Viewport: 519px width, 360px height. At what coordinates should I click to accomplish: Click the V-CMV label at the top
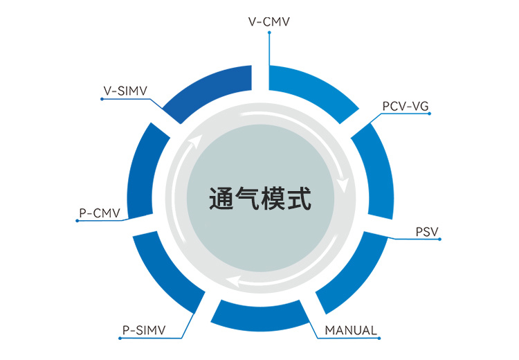point(268,21)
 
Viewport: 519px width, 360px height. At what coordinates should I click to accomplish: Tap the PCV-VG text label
point(406,106)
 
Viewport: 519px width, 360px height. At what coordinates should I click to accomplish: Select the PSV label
point(427,231)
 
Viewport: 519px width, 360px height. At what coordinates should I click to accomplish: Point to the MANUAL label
point(352,330)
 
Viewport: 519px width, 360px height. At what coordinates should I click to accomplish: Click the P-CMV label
point(100,213)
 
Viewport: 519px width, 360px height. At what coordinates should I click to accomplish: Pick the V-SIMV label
point(125,90)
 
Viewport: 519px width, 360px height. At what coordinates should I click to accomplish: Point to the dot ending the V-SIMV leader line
point(102,99)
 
